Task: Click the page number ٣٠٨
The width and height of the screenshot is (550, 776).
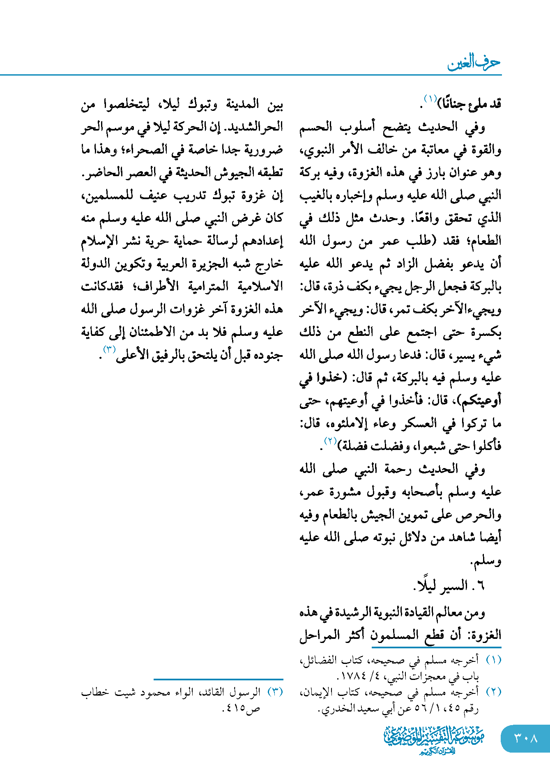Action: [x=526, y=738]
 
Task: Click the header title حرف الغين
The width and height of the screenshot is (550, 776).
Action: [x=474, y=62]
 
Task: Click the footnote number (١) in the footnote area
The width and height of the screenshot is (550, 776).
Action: [x=493, y=660]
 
